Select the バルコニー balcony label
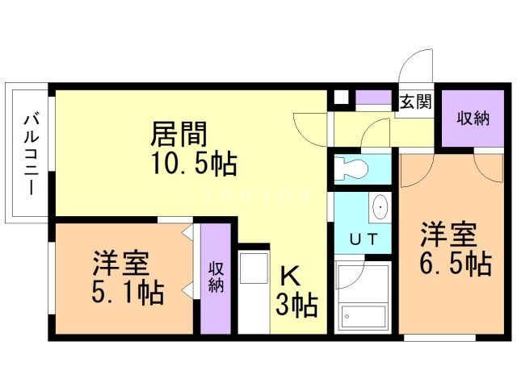click(x=29, y=152)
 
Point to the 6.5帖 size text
click(x=456, y=264)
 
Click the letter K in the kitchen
click(x=290, y=277)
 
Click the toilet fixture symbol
click(x=352, y=168)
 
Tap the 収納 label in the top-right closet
click(x=473, y=118)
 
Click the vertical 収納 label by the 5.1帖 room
click(x=216, y=277)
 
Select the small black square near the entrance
click(x=340, y=99)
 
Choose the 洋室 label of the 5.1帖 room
click(x=119, y=264)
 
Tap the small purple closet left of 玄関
click(x=372, y=99)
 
